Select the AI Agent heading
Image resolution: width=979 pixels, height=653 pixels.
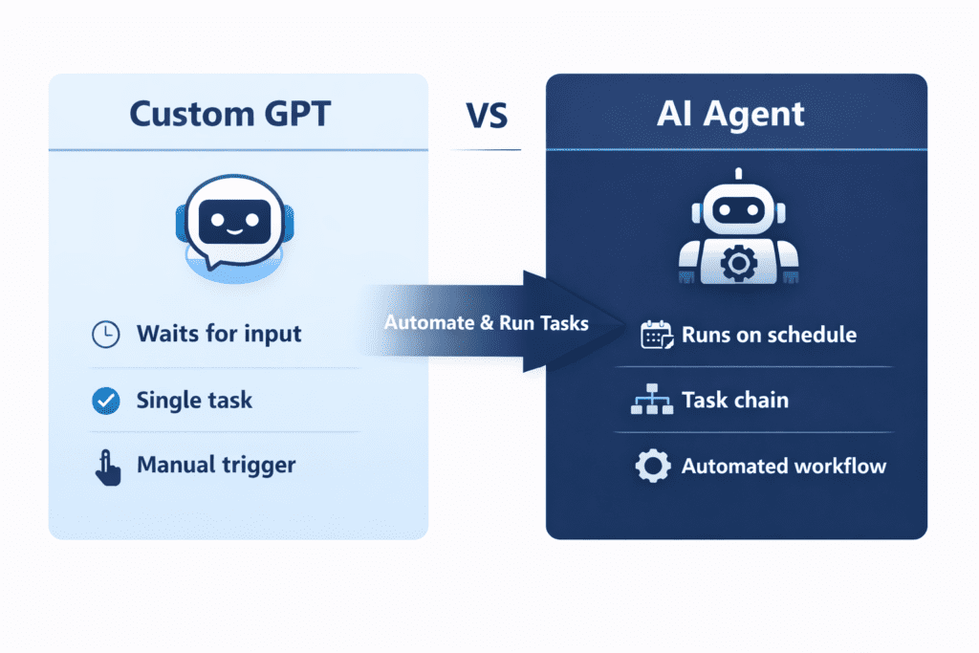tap(731, 113)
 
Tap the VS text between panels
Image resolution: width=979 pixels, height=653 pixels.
tap(487, 115)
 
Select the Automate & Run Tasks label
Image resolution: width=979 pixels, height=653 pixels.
tap(486, 323)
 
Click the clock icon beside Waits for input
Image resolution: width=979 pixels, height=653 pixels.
tap(105, 334)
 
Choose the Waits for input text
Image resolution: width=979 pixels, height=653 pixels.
tap(219, 334)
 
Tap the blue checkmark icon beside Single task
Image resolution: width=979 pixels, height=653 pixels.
tap(105, 400)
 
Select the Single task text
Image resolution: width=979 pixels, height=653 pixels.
tap(194, 400)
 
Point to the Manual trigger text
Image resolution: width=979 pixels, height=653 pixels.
tap(216, 466)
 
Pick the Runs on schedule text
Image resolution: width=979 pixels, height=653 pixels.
tap(769, 336)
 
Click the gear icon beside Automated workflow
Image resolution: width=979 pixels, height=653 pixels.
tap(652, 467)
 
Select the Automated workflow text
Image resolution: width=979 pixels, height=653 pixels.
tap(783, 467)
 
